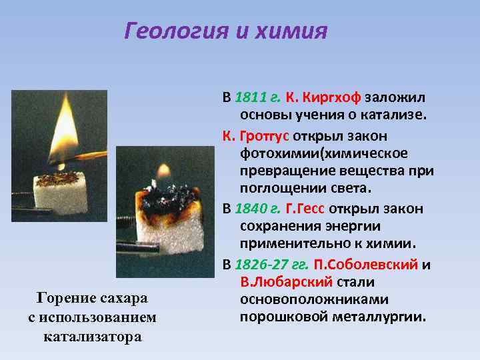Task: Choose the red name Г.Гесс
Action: pos(308,209)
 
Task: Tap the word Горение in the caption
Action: pos(67,297)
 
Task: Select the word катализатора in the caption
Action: pos(92,335)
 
